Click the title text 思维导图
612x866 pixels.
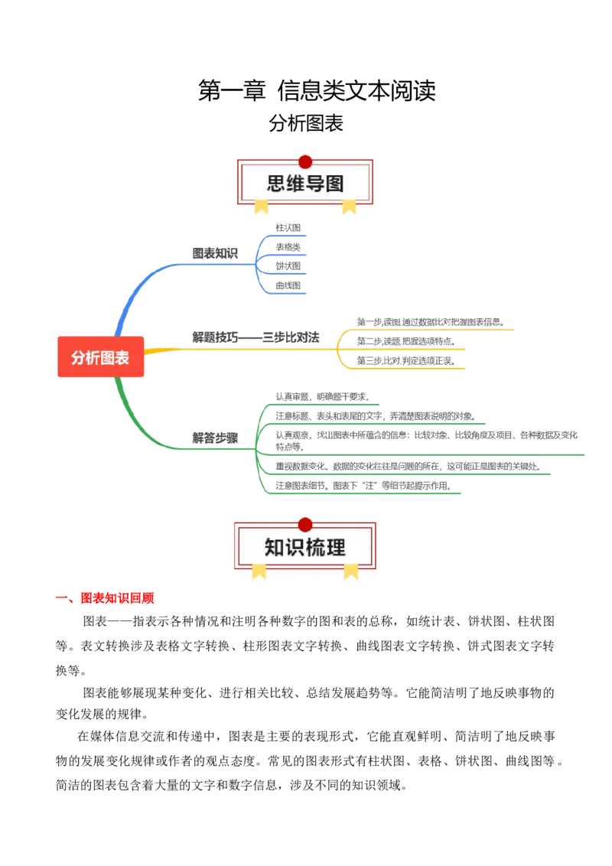coord(305,184)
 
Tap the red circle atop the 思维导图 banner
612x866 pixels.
coord(305,161)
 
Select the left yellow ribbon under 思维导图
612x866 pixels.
coord(262,206)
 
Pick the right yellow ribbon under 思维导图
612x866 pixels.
coord(349,206)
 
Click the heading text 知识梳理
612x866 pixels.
coord(305,548)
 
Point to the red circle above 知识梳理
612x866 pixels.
coord(305,525)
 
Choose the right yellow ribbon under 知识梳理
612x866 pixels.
coord(350,570)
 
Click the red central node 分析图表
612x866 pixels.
coord(100,357)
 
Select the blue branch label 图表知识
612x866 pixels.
coord(214,253)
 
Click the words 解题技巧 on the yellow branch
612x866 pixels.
coord(215,337)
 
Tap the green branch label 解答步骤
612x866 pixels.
coord(214,438)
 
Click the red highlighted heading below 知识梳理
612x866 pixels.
coord(118,597)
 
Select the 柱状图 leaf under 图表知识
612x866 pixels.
coord(288,227)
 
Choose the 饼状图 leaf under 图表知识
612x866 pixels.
coord(288,265)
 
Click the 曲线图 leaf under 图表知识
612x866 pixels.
coord(288,285)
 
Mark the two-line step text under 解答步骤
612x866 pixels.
coord(428,440)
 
